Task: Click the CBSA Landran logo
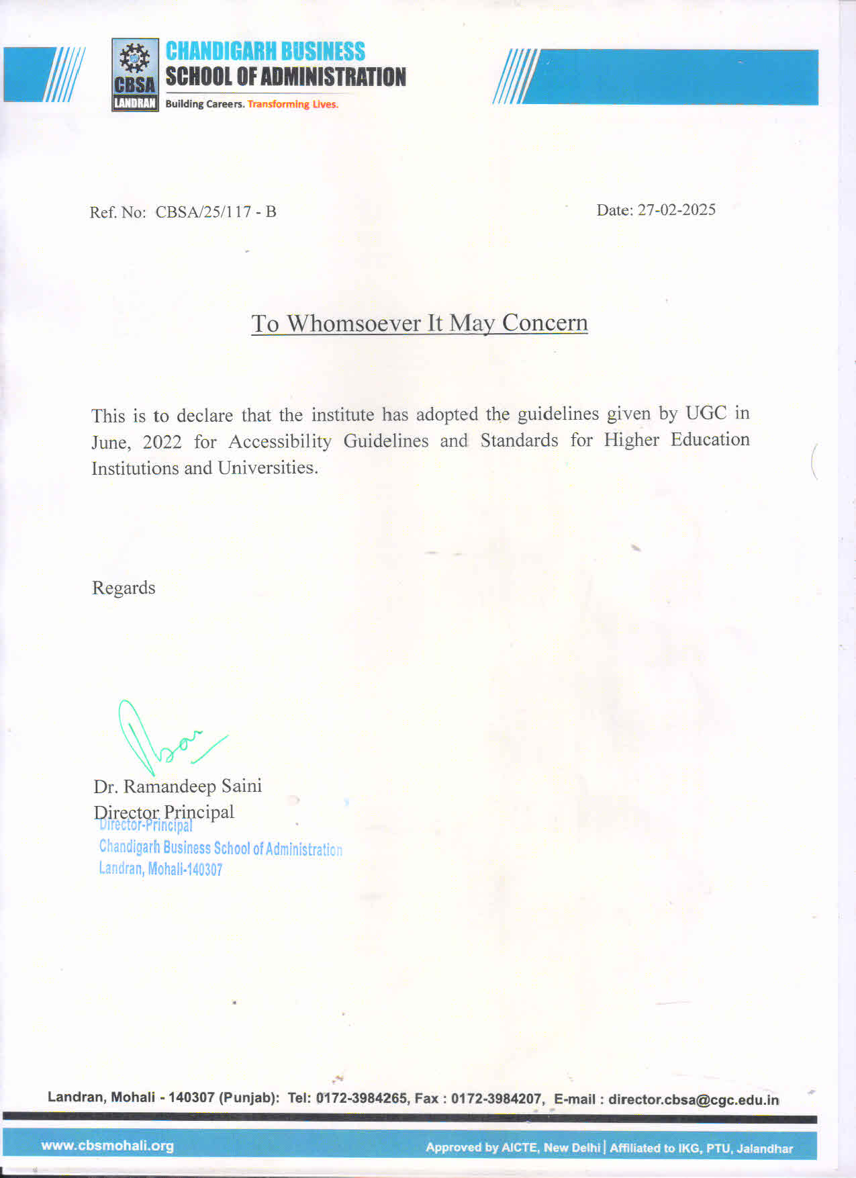(x=135, y=75)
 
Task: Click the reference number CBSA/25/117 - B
(x=216, y=212)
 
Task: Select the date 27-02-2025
(x=676, y=210)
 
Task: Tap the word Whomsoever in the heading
(x=354, y=323)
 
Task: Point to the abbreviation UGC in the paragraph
(x=706, y=413)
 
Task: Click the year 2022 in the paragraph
(x=162, y=442)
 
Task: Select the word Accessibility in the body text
(x=280, y=441)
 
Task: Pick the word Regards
(x=124, y=588)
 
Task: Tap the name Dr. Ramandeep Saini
(x=177, y=786)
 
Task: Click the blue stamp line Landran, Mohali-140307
(x=160, y=869)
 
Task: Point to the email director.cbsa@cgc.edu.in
(x=694, y=1099)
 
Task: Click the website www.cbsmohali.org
(x=107, y=1146)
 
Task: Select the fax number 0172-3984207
(x=496, y=1099)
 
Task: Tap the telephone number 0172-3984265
(x=361, y=1099)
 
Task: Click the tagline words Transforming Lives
(x=293, y=104)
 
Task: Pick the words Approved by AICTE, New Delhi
(x=512, y=1148)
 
